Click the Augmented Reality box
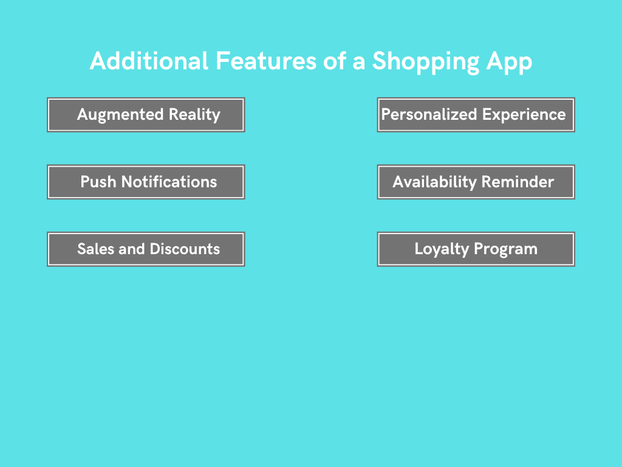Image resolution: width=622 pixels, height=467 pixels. coord(146,115)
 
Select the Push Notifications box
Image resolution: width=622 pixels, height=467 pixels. coord(146,182)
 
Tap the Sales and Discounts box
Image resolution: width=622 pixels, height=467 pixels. coord(146,249)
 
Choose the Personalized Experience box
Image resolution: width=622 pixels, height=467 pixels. coord(476,115)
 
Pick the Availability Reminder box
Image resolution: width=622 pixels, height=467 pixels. coord(476,182)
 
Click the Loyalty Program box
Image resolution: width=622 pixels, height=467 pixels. coord(476,249)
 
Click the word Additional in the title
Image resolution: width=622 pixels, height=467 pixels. coord(149,61)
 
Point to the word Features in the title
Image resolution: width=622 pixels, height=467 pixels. coord(266,61)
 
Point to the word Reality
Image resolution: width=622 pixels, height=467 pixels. coord(194,115)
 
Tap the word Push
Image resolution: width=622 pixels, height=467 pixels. coord(98,181)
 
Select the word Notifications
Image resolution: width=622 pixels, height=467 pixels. coord(169,181)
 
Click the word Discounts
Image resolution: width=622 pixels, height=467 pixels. coord(185,249)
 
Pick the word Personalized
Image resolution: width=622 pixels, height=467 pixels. coord(429,114)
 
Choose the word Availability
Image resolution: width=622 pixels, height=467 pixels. coord(434,182)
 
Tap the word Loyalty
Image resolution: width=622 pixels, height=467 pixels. coord(442,249)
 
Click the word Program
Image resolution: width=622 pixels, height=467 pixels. coord(506,249)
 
